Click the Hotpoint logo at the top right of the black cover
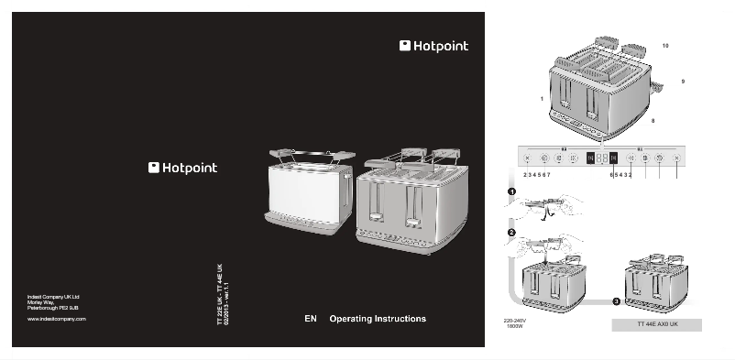click(433, 46)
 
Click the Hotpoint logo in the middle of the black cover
click(183, 168)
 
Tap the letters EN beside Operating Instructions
click(310, 319)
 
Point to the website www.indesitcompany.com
click(56, 318)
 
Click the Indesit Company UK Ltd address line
click(53, 297)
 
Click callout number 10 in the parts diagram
click(665, 45)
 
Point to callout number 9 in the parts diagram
click(683, 82)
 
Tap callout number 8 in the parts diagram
click(653, 120)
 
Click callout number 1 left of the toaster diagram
click(542, 97)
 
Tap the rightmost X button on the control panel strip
click(676, 158)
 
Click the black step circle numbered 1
click(512, 191)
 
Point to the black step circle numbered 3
click(616, 300)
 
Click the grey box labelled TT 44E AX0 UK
click(656, 324)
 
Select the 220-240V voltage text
click(514, 321)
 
